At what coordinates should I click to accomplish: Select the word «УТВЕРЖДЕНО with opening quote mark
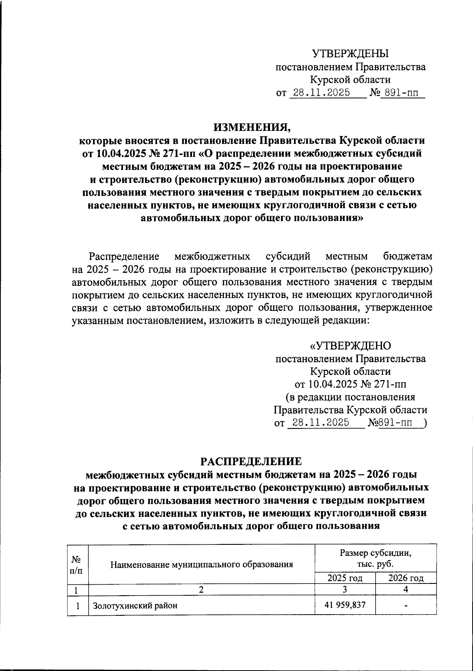click(350, 346)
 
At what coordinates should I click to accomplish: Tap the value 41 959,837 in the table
click(345, 605)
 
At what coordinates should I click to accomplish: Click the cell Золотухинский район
click(135, 606)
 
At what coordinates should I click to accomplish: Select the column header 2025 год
click(345, 578)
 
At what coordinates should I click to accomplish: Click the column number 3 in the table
click(345, 590)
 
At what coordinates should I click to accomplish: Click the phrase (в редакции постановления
click(350, 397)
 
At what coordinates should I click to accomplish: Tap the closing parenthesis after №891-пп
click(424, 423)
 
